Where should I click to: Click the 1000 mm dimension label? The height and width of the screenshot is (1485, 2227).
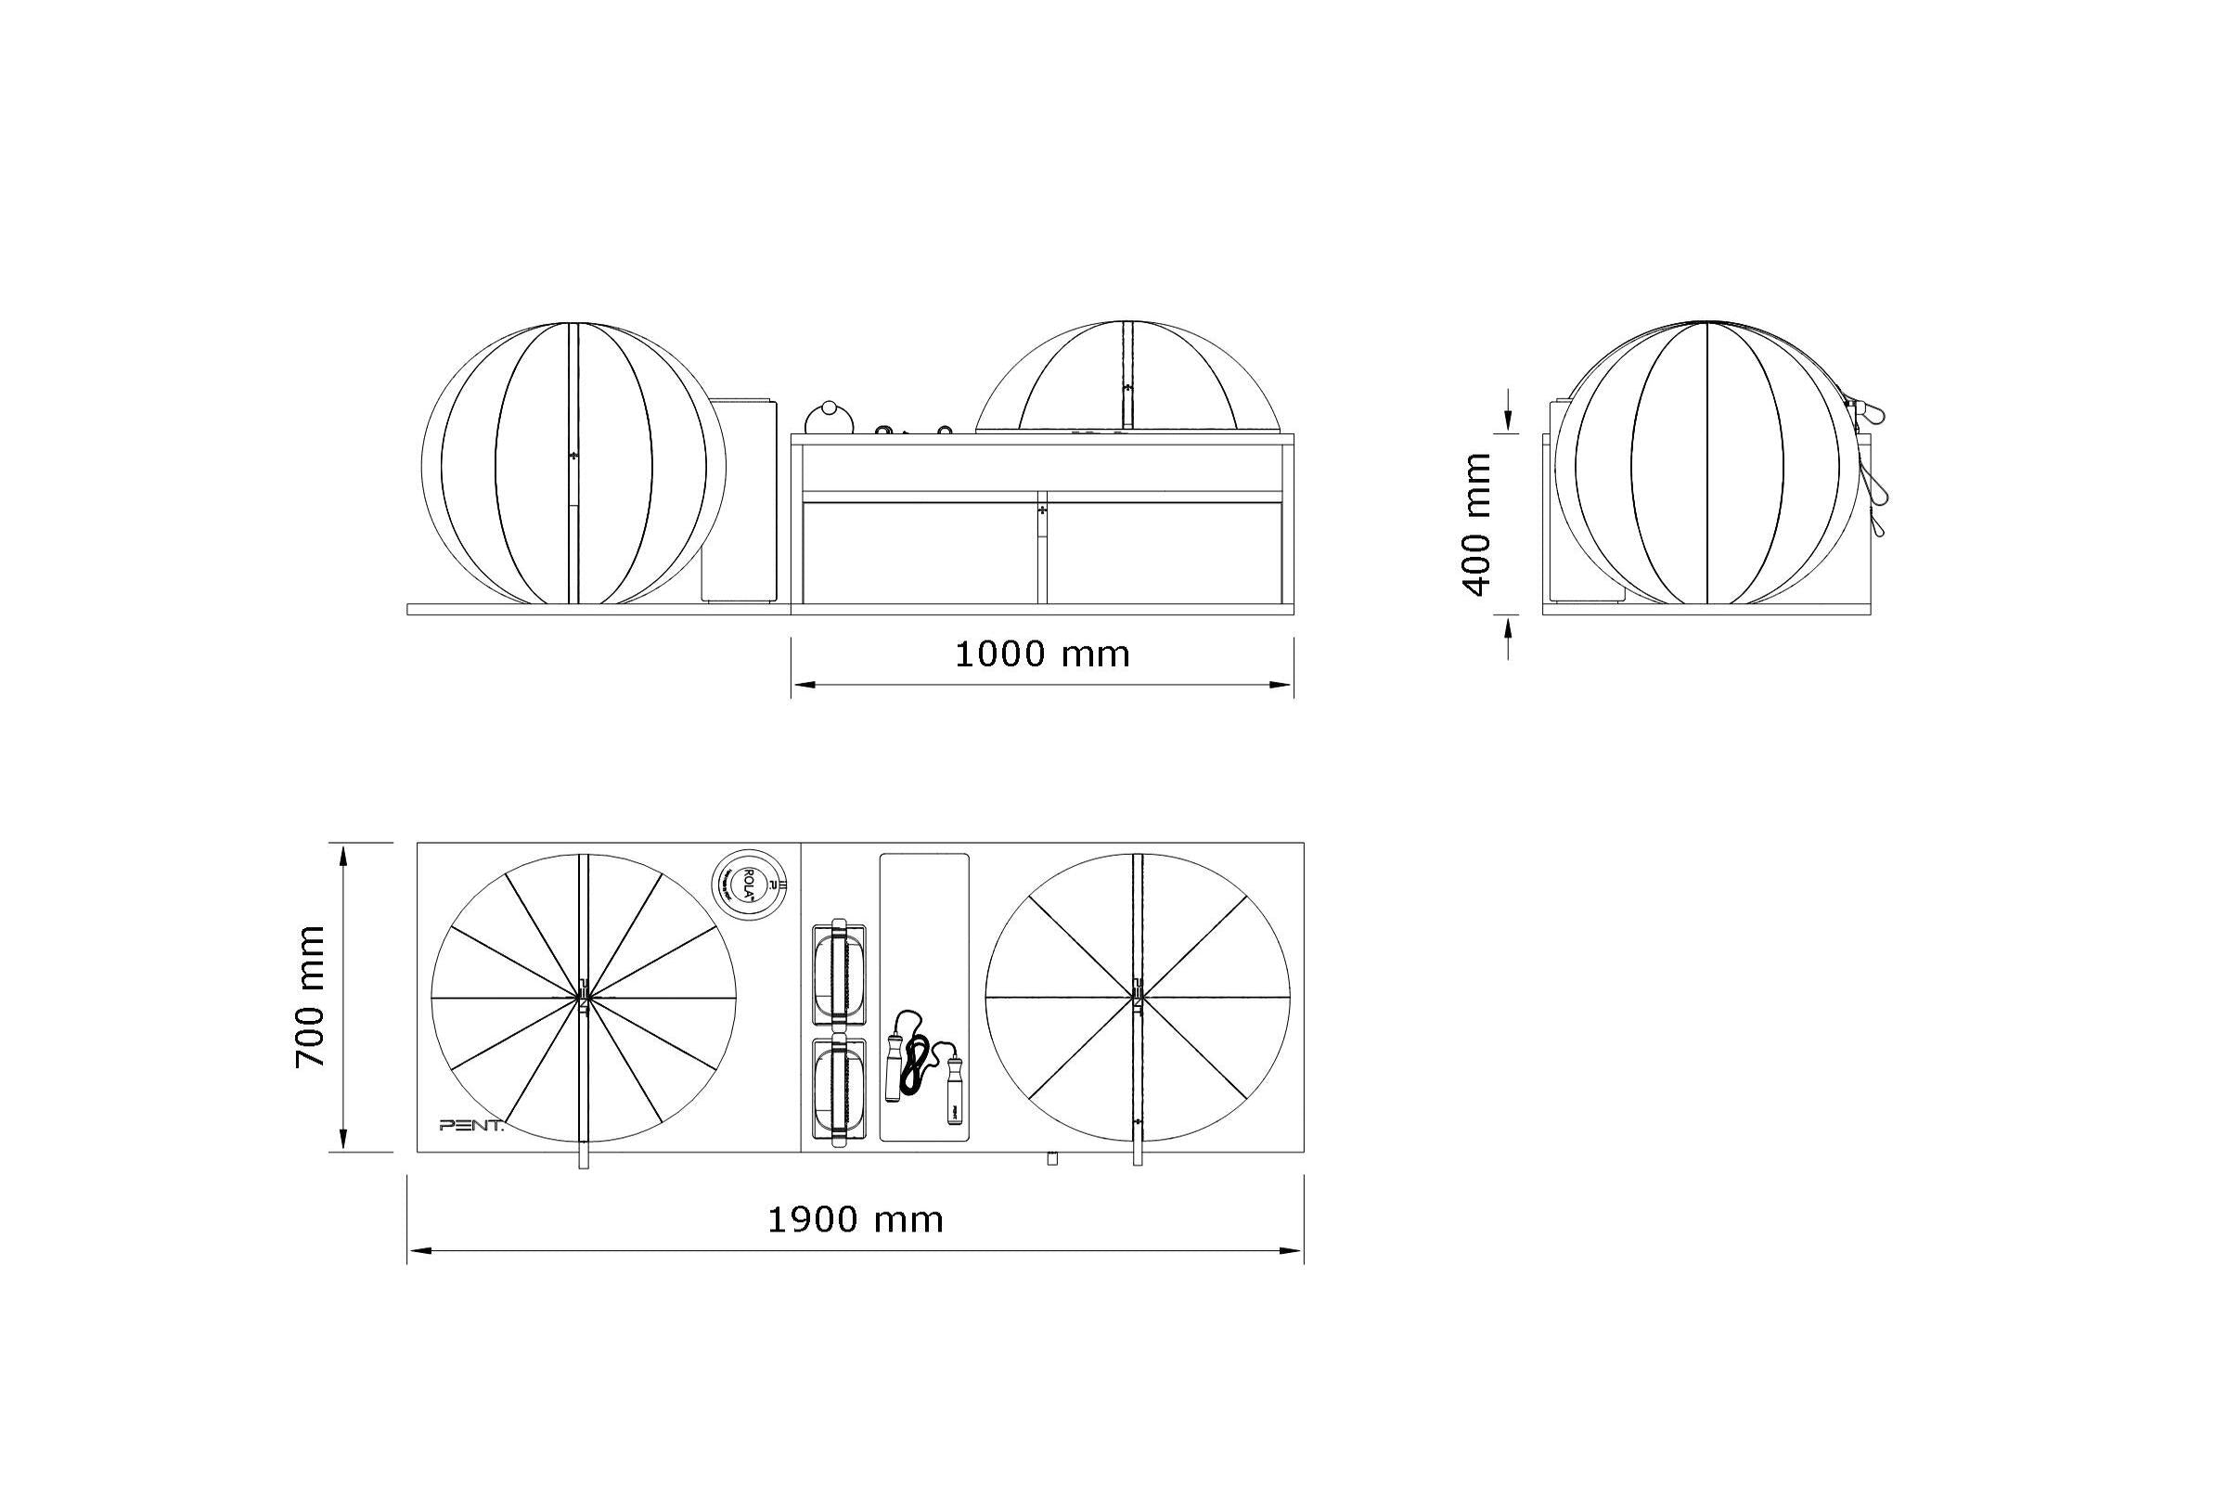click(x=1041, y=654)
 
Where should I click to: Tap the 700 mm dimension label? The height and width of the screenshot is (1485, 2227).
click(x=311, y=996)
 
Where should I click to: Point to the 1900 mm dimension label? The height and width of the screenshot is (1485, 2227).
click(x=855, y=1220)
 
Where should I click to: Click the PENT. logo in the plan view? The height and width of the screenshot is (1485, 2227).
click(x=471, y=1125)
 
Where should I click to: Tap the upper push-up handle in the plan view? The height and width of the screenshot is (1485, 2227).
click(x=839, y=974)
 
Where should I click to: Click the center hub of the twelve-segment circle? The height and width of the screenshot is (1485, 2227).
click(x=584, y=996)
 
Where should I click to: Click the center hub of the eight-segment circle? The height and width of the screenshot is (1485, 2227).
click(x=1138, y=996)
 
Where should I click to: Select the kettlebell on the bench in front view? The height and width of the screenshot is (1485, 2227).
click(x=830, y=417)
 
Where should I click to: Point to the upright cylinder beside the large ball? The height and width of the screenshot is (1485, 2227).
click(x=740, y=500)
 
